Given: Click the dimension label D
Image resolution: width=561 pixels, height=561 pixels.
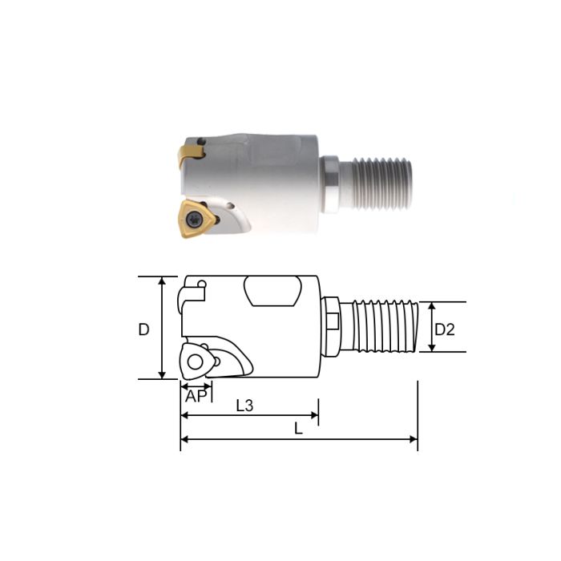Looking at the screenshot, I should tap(143, 329).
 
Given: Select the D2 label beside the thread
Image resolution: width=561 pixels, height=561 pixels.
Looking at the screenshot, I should tap(445, 329).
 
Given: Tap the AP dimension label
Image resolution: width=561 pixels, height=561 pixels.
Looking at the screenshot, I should tap(196, 396).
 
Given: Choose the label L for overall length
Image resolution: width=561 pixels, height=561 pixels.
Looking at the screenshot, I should tap(298, 429).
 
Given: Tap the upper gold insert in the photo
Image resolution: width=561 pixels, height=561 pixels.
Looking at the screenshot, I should tap(194, 148).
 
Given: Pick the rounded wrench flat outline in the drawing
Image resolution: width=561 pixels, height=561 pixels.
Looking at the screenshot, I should tap(272, 292).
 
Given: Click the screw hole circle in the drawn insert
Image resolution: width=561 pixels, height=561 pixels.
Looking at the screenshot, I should tap(195, 363).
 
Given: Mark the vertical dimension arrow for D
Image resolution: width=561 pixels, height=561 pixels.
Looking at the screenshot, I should tap(163, 329).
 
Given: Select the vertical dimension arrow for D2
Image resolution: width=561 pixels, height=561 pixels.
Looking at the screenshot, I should tap(431, 327).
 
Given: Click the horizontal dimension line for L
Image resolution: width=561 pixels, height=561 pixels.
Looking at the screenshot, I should tap(299, 439).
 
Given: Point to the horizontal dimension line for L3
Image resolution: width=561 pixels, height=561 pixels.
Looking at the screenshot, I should tap(249, 416).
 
